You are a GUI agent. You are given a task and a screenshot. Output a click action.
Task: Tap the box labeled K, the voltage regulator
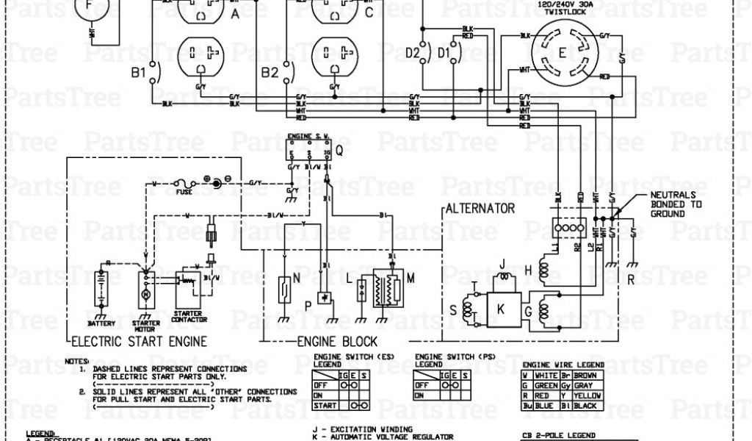pos(502,309)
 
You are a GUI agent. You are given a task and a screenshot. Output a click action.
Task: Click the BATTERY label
pos(101,323)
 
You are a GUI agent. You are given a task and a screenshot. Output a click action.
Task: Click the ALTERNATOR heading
pos(481,209)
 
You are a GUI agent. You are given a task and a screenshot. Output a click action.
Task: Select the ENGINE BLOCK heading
pos(337,341)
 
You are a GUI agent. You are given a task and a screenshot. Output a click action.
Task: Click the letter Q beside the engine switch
pos(339,151)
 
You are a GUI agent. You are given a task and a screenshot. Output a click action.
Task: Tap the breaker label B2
pos(270,72)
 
